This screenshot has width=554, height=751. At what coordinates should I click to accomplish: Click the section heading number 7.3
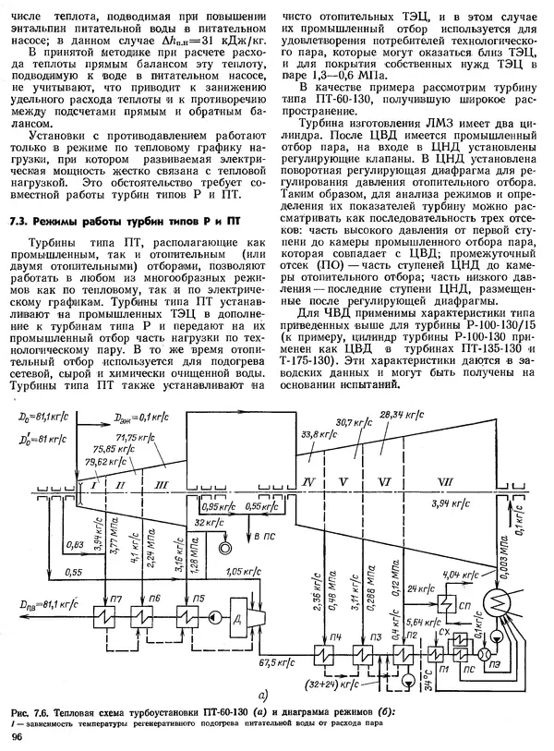coord(19,221)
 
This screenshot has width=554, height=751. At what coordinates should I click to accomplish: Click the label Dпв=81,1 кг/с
coord(43,603)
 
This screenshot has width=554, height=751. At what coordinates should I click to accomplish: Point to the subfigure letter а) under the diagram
coord(263,698)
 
